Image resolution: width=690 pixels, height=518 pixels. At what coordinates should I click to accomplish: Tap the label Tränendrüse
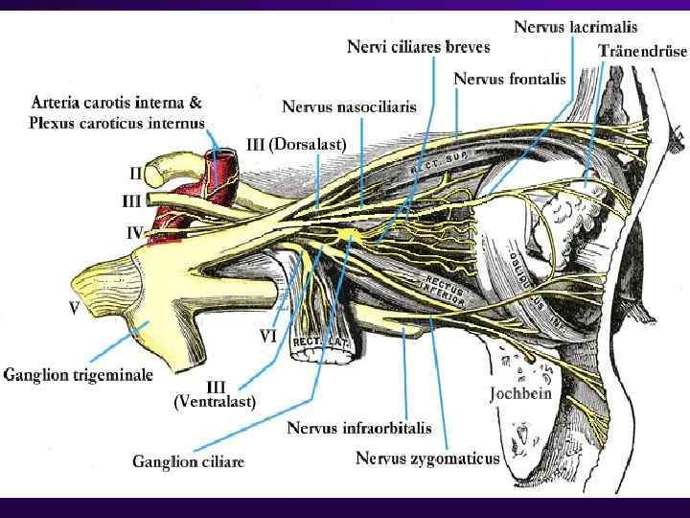(641, 50)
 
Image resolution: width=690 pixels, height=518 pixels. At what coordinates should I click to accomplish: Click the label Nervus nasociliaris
(349, 107)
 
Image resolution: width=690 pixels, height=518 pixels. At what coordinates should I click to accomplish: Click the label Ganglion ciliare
(188, 461)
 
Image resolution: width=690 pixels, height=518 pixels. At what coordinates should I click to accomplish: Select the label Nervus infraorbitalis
(359, 428)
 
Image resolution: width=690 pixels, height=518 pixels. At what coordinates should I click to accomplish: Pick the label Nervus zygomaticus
(427, 458)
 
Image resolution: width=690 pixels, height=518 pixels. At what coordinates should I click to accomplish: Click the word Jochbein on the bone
(521, 393)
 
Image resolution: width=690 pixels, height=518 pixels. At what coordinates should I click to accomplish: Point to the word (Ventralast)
(214, 402)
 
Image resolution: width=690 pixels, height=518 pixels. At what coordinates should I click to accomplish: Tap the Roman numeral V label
(73, 310)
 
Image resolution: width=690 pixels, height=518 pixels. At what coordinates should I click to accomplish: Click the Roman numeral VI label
(269, 337)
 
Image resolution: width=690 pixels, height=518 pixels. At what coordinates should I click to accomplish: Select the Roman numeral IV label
(134, 232)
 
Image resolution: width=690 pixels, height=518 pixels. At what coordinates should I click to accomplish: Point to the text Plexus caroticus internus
(117, 123)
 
